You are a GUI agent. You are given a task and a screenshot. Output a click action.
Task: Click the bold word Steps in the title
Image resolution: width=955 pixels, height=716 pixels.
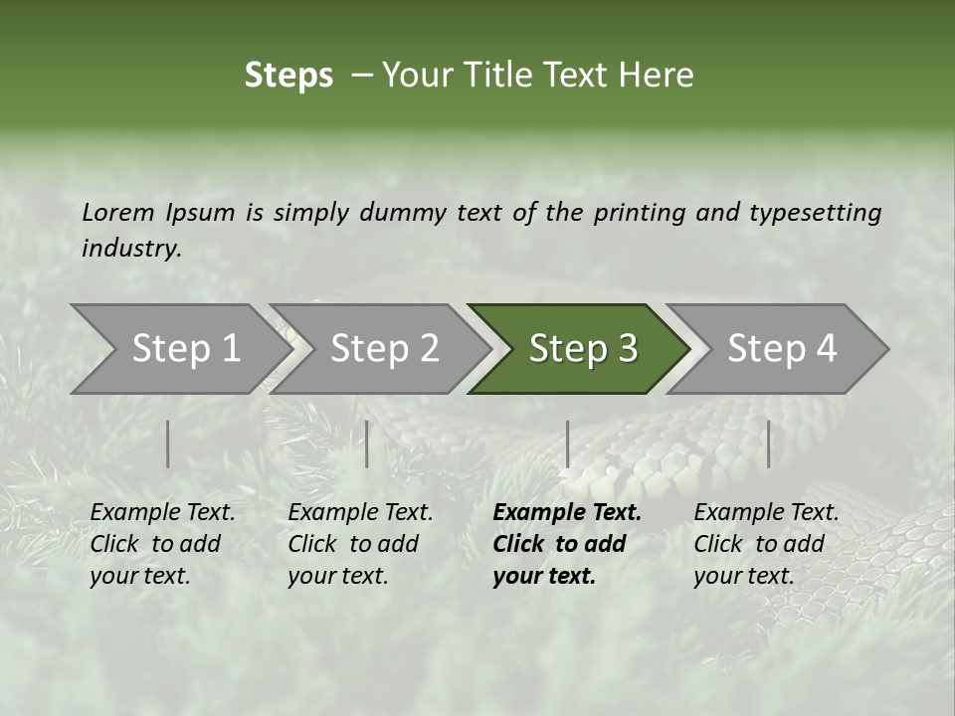point(288,76)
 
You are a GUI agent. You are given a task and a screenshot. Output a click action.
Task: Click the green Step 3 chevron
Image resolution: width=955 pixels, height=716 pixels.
point(583,349)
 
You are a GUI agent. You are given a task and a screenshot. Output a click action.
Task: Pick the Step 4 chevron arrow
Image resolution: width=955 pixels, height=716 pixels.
point(782,349)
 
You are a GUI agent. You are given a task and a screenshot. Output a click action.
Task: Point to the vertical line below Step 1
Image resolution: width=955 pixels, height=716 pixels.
point(168,444)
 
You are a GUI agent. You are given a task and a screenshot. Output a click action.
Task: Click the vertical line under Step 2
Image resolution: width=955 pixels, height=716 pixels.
point(367,444)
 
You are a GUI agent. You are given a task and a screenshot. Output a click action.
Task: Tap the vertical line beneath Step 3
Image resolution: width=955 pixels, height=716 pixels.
point(567,444)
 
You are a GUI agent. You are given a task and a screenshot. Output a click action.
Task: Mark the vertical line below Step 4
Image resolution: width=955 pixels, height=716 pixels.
point(768,444)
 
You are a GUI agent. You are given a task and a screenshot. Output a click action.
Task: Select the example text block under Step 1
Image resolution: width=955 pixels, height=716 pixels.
point(162,544)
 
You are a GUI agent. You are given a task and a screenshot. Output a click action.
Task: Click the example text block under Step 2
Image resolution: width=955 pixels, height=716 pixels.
point(360,544)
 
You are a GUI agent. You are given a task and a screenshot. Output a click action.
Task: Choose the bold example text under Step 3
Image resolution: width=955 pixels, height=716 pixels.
point(566,544)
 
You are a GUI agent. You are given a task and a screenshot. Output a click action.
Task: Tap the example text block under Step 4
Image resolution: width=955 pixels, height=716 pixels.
point(766,544)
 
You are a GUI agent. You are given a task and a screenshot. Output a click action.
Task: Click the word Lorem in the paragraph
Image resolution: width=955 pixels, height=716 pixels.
point(118,212)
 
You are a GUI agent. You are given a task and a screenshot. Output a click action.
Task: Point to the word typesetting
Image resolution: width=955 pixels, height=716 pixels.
point(816,213)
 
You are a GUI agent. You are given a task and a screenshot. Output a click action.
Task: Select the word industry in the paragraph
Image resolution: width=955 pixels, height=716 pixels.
point(131,249)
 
